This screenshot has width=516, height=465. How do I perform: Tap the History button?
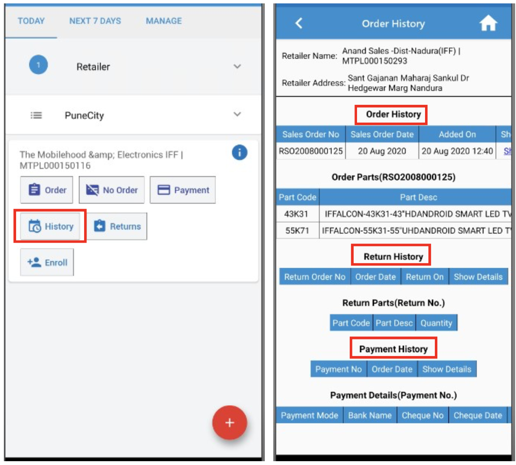click(50, 226)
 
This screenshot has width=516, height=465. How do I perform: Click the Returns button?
click(117, 226)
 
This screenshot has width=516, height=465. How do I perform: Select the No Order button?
click(112, 190)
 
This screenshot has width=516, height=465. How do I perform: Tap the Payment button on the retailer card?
click(183, 190)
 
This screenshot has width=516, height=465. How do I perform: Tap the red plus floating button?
click(230, 423)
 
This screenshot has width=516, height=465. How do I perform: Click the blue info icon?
click(239, 152)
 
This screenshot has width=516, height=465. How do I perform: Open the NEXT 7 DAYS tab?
click(95, 21)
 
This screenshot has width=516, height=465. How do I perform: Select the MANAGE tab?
click(164, 21)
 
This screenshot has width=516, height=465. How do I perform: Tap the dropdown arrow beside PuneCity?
click(237, 114)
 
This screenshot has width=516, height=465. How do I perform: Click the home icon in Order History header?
click(488, 23)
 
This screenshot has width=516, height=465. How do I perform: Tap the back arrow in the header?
click(299, 23)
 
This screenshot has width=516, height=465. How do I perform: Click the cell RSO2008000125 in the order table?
click(311, 151)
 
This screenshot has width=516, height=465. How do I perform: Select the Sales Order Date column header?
click(382, 134)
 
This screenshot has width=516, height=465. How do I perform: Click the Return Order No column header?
click(315, 277)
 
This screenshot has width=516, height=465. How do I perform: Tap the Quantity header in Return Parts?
click(436, 323)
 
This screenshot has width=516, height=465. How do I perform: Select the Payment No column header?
click(338, 369)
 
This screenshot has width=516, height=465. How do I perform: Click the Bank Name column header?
click(370, 415)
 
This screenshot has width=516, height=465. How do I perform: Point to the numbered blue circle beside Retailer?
click(38, 65)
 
